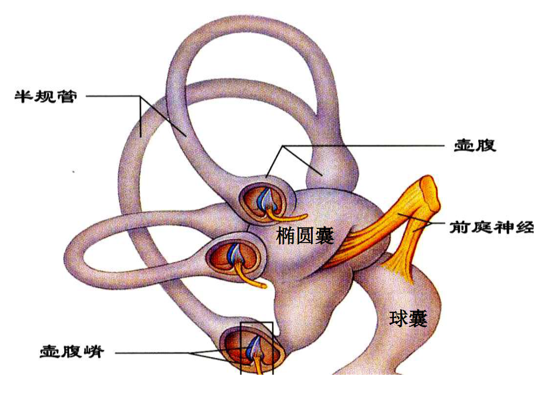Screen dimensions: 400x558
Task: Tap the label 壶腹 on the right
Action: click(475, 146)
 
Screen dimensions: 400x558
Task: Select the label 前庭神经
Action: click(491, 228)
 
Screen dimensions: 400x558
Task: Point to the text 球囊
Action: click(408, 318)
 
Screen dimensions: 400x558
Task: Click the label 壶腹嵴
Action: click(72, 352)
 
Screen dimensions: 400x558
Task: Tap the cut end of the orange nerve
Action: click(431, 190)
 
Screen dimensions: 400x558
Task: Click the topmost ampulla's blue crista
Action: click(265, 198)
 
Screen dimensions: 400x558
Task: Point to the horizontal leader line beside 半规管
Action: click(112, 96)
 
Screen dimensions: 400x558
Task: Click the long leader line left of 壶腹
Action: click(367, 146)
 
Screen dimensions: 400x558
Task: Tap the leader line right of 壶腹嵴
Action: click(151, 353)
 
